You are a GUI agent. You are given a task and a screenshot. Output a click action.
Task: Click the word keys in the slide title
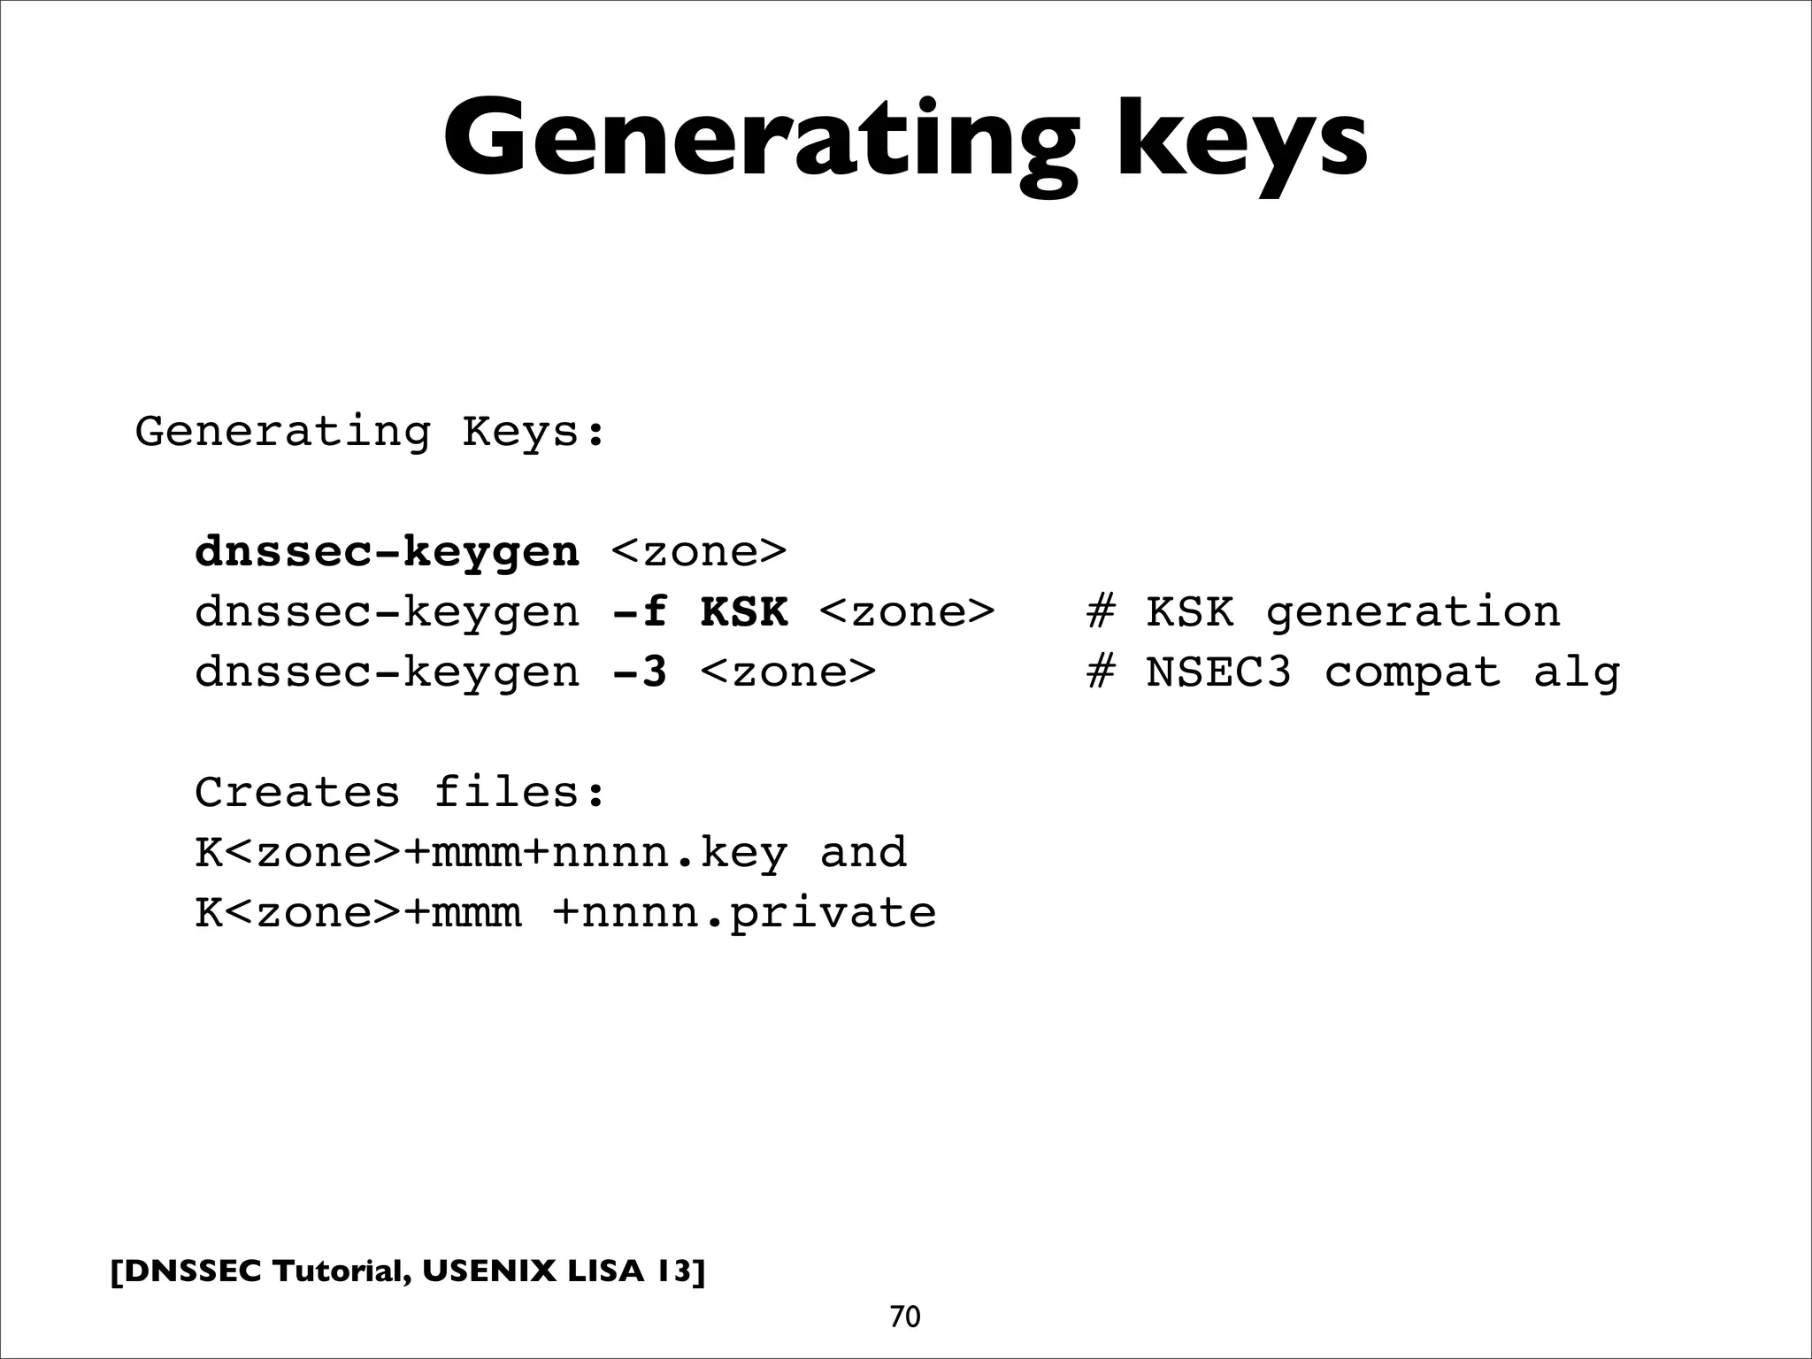coord(1241,142)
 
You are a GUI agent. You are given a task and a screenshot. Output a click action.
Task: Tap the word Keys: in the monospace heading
coord(534,433)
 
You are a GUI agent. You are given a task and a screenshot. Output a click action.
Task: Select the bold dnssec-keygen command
coord(387,553)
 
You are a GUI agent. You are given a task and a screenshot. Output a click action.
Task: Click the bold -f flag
coord(639,612)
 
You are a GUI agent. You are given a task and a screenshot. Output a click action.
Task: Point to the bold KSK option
coord(743,612)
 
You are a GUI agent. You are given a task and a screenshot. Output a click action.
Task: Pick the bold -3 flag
coord(639,672)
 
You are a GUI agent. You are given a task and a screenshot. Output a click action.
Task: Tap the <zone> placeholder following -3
coord(787,672)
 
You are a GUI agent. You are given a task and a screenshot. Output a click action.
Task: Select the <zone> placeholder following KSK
coord(907,612)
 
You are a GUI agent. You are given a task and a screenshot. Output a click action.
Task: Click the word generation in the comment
coord(1413,612)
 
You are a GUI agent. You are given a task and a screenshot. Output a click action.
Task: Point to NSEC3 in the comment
coord(1219,672)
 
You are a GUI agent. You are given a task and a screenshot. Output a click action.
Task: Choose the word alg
coord(1577,672)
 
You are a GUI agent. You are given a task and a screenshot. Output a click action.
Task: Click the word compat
coord(1413,672)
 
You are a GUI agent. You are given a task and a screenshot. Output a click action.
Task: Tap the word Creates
coord(297,792)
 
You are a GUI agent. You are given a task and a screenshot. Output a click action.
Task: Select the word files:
coord(520,792)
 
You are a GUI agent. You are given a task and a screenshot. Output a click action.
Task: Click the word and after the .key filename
coord(864,853)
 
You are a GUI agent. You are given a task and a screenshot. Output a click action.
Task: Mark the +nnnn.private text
coord(744,913)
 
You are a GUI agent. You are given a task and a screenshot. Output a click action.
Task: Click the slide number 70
coord(905,1317)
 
